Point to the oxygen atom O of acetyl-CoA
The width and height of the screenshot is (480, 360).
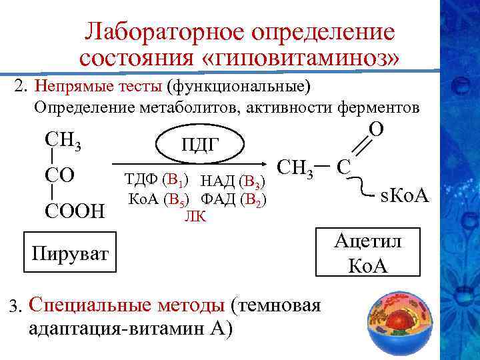375,130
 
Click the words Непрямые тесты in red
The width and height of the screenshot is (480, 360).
99,87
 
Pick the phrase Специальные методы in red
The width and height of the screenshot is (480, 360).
127,305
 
